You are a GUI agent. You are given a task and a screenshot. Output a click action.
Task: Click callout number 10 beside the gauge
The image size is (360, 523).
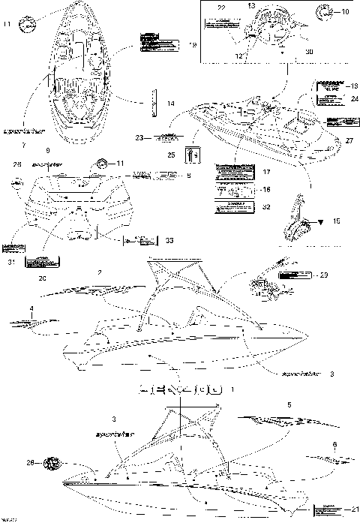[345, 13]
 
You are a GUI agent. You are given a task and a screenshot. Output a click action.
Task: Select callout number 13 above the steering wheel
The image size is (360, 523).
[251, 6]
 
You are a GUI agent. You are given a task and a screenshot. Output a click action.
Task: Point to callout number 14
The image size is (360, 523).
[171, 102]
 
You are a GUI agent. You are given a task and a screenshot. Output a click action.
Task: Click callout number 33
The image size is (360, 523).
[169, 241]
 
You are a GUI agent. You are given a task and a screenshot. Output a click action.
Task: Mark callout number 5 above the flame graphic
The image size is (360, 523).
[289, 404]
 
